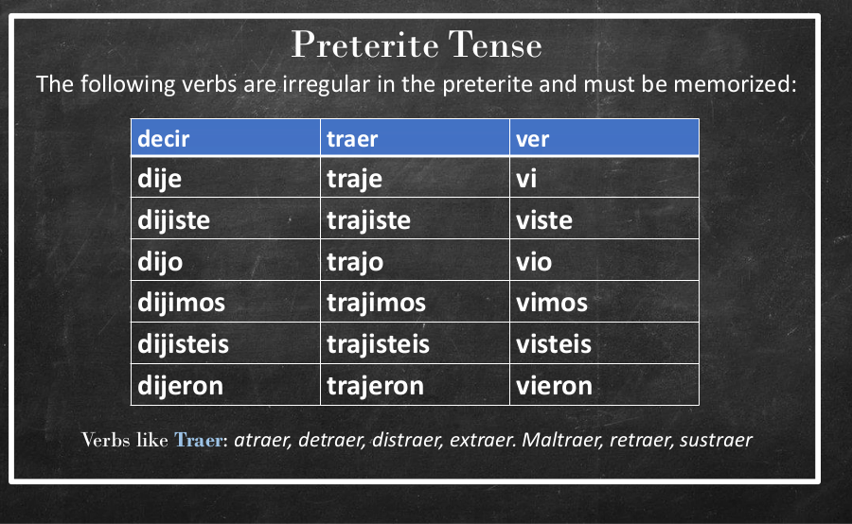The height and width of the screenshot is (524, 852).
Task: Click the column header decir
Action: (225, 138)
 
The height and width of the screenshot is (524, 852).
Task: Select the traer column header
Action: (416, 138)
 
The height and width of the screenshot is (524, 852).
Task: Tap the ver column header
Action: (604, 138)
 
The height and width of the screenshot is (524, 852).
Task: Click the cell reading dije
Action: (225, 177)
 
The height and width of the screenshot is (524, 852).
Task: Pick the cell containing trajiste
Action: (416, 218)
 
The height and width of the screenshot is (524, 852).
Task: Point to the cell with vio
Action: (604, 260)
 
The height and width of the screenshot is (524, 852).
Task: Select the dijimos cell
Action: (225, 302)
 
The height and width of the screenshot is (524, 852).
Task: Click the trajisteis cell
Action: (416, 343)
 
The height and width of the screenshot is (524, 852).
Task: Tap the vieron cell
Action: (604, 385)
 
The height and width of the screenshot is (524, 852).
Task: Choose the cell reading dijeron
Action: (225, 385)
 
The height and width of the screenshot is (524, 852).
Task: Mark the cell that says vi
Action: (604, 177)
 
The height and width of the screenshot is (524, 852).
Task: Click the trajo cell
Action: (416, 260)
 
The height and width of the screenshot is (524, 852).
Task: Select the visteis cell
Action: (604, 343)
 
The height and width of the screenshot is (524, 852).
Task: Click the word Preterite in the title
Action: (365, 44)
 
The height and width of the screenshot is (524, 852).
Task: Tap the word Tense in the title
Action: (495, 44)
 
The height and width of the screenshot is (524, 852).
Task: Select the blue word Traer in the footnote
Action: (199, 440)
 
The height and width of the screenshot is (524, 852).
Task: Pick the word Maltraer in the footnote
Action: (562, 440)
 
